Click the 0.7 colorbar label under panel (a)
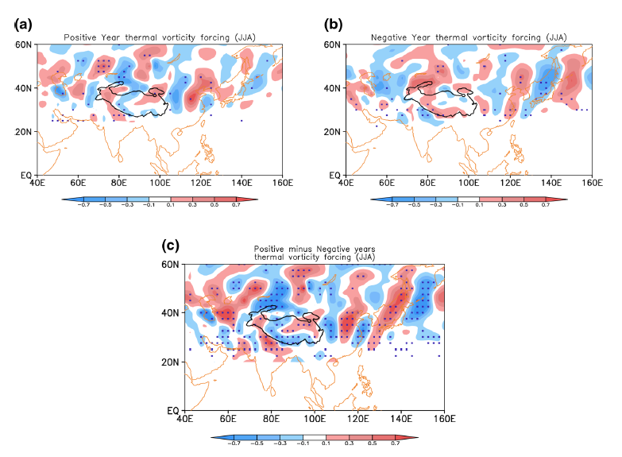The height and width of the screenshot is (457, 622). (x=238, y=204)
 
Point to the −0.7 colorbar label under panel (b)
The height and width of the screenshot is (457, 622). (x=390, y=204)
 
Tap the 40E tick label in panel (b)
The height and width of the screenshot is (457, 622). (x=346, y=183)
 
